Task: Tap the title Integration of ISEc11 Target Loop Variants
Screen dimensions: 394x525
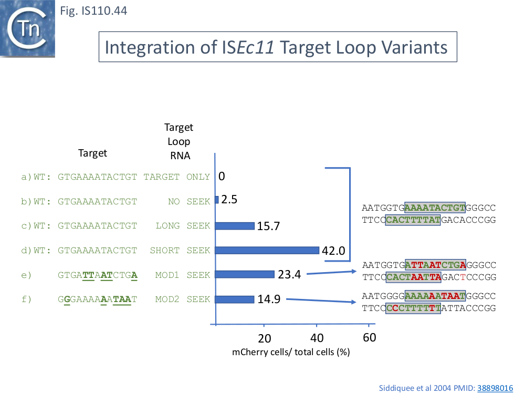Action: (x=277, y=47)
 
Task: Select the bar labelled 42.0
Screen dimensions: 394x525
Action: (x=267, y=250)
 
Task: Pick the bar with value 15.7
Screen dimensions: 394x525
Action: (x=235, y=226)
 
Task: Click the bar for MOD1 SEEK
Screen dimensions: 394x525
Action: (x=245, y=274)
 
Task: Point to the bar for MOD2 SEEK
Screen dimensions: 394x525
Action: (x=234, y=299)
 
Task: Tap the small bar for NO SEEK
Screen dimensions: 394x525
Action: (x=217, y=200)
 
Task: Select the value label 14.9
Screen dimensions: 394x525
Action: (x=269, y=299)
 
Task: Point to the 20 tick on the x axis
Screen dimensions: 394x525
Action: (x=265, y=338)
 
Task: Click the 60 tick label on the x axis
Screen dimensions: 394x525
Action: (x=370, y=338)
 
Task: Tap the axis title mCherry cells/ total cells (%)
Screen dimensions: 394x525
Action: (x=291, y=352)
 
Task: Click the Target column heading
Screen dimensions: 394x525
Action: (x=92, y=153)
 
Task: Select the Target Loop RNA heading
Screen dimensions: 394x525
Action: (x=178, y=141)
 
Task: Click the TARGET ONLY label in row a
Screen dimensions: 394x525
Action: (x=176, y=177)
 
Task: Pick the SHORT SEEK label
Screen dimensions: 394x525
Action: (x=180, y=250)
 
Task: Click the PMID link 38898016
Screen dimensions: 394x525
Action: (x=495, y=388)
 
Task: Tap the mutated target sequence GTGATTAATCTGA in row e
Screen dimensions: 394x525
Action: (x=98, y=275)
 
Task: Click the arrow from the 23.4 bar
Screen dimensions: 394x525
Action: (x=331, y=273)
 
